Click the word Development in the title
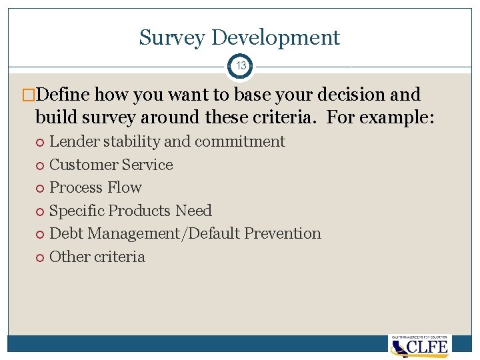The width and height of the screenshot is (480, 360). (x=275, y=38)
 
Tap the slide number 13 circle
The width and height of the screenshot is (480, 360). (x=240, y=66)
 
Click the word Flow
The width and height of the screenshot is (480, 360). (x=126, y=187)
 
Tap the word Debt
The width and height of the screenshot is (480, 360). (x=66, y=233)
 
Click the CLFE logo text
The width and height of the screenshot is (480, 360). (x=429, y=347)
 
